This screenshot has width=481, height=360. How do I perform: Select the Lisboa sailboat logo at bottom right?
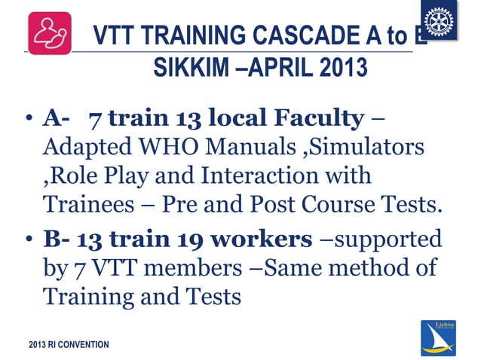pyautogui.click(x=437, y=337)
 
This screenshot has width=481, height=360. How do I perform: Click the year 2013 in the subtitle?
pyautogui.click(x=340, y=69)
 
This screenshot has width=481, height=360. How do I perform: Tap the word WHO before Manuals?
pyautogui.click(x=179, y=147)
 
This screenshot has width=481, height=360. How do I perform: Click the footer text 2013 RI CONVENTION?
pyautogui.click(x=69, y=345)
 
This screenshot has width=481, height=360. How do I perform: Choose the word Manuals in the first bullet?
pyautogui.click(x=253, y=147)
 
